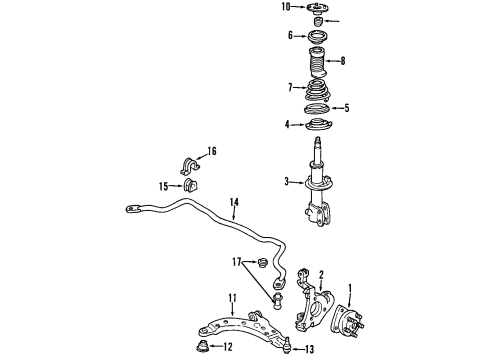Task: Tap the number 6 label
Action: (x=290, y=36)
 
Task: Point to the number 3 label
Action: (x=286, y=182)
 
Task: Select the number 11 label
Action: (x=231, y=297)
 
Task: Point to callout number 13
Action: (x=308, y=349)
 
